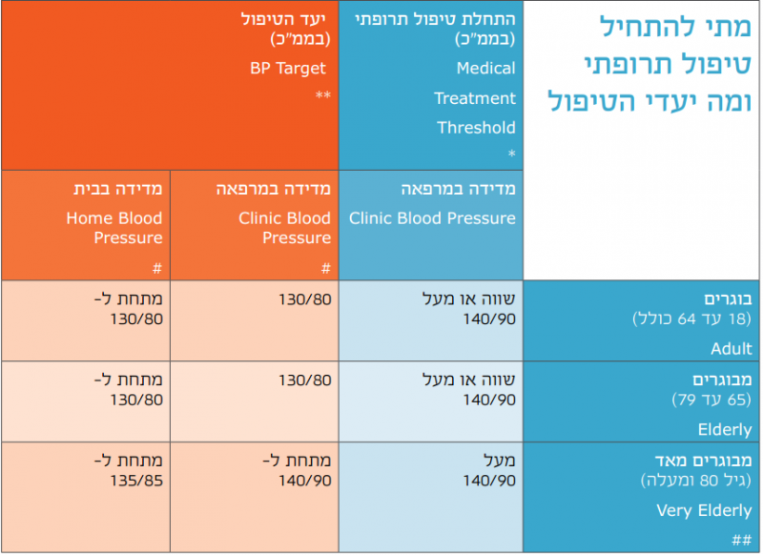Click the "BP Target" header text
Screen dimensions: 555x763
pyautogui.click(x=287, y=69)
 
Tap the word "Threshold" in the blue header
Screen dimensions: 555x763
pyautogui.click(x=476, y=128)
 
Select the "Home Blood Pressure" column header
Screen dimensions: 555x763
pyautogui.click(x=114, y=228)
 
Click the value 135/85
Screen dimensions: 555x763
pyautogui.click(x=138, y=480)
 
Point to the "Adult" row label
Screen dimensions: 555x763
pyautogui.click(x=731, y=349)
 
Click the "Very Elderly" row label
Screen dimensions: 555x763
pyautogui.click(x=704, y=511)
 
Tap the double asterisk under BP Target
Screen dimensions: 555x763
pyautogui.click(x=323, y=96)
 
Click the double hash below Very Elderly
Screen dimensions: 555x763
pyautogui.click(x=741, y=540)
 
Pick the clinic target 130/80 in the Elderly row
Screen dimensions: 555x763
pyautogui.click(x=305, y=380)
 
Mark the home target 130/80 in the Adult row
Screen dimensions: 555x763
pyautogui.click(x=138, y=319)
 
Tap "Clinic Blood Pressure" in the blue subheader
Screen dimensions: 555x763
pyautogui.click(x=432, y=218)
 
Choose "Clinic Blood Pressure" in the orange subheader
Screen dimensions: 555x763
pyautogui.click(x=285, y=228)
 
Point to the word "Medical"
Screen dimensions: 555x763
pyautogui.click(x=485, y=69)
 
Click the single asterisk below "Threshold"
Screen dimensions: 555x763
pyautogui.click(x=511, y=154)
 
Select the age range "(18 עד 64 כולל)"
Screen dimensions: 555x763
pyautogui.click(x=691, y=319)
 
